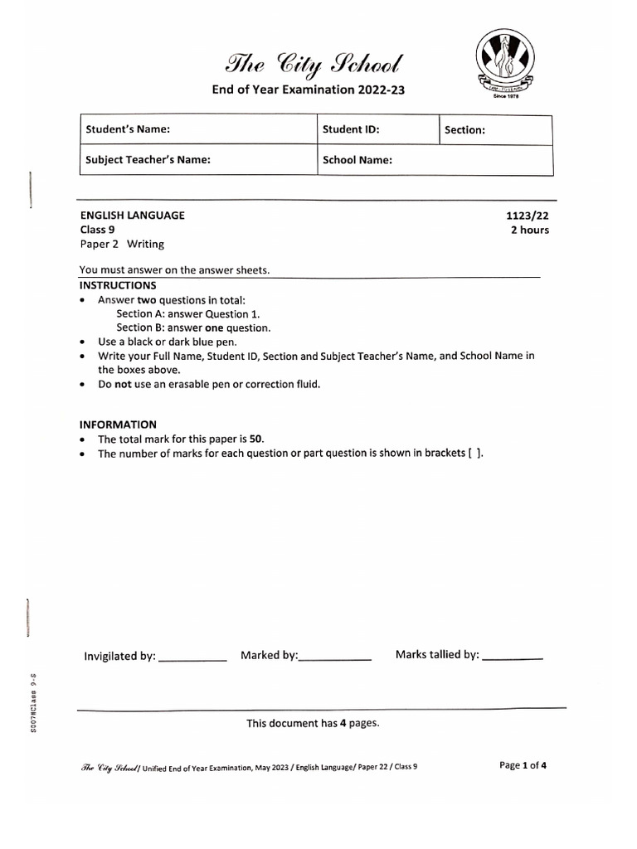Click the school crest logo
(x=505, y=61)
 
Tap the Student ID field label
(x=351, y=129)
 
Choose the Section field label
(x=464, y=130)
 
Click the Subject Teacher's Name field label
(x=148, y=160)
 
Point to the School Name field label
(x=357, y=160)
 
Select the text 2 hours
(x=529, y=230)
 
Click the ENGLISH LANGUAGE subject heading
(x=132, y=216)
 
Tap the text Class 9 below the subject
(x=97, y=230)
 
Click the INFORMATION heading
(x=117, y=424)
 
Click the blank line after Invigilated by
(x=192, y=659)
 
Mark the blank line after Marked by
(x=335, y=658)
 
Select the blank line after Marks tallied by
(x=512, y=657)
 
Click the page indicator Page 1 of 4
(x=523, y=765)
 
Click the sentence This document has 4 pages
(x=313, y=723)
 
